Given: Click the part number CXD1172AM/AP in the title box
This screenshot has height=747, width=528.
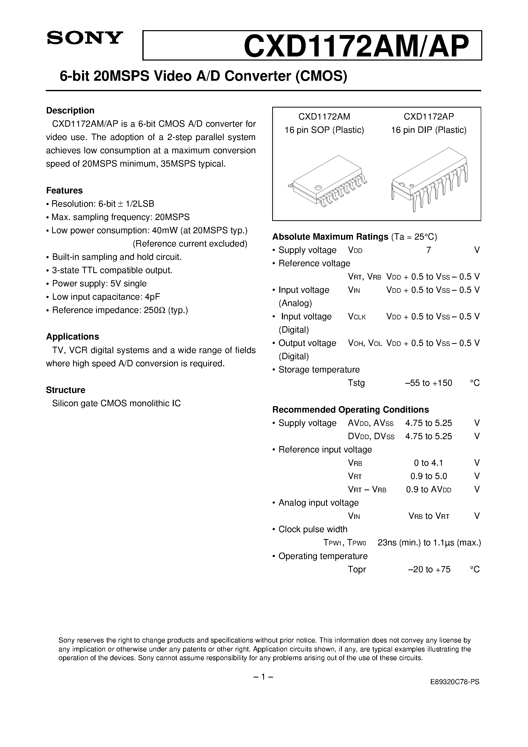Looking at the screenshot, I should tap(357, 46).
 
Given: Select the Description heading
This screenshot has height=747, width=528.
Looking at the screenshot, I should tap(70, 111).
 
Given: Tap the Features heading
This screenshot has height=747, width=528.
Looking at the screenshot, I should tap(64, 190).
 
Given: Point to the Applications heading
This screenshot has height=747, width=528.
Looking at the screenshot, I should tap(72, 336).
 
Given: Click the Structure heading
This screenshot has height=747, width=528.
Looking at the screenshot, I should tap(65, 390).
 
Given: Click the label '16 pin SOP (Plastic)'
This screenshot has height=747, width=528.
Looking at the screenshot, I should tap(324, 130).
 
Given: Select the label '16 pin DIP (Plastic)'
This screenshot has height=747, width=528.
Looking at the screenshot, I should tap(429, 130).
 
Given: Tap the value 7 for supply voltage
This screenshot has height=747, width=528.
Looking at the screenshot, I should tap(429, 250).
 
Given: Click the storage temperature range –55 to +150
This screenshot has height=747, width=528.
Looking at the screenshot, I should tap(428, 383).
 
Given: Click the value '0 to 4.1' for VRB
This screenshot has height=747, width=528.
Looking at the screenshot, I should tap(428, 463).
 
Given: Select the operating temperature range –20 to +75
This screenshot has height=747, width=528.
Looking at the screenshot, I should tap(429, 569).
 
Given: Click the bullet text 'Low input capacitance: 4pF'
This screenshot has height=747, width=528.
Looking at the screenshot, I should tap(106, 297).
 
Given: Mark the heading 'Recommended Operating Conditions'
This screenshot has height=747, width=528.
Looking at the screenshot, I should tap(350, 410).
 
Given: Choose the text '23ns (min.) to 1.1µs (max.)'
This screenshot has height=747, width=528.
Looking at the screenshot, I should tap(429, 543).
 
